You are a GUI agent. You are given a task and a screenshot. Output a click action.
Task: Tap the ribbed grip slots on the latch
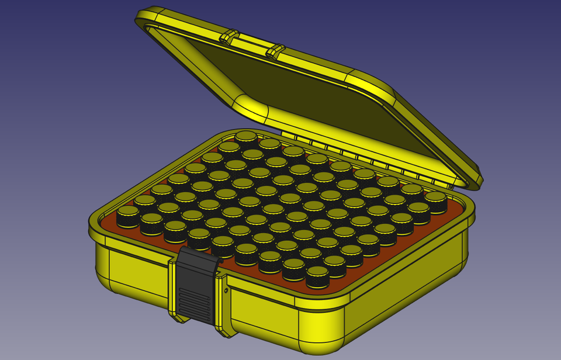tap(194, 306)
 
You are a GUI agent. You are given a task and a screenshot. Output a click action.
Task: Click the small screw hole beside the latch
tap(226, 290)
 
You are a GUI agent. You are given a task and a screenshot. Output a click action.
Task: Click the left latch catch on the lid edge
tap(229, 36)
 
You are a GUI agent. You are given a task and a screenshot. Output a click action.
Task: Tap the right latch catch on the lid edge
tap(275, 51)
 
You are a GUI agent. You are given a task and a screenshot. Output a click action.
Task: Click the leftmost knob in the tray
tap(128, 216)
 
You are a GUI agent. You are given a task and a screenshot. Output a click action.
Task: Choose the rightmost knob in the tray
tap(435, 202)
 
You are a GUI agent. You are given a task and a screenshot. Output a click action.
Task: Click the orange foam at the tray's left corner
tap(109, 221)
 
